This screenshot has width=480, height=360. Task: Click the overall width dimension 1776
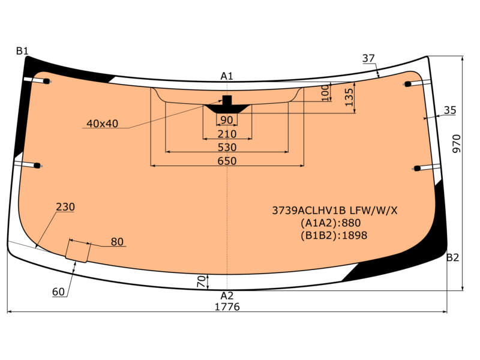[x=227, y=307]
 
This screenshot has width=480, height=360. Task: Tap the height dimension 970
[x=456, y=144]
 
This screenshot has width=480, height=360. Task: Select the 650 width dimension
[x=227, y=161]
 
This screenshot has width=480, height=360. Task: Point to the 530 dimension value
[x=227, y=148]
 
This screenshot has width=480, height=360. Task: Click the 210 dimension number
[x=227, y=134]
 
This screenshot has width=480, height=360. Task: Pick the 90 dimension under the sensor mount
[x=227, y=120]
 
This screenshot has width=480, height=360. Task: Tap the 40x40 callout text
[x=102, y=124]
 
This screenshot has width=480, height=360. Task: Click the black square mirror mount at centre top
[x=227, y=100]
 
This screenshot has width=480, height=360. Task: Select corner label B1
[x=22, y=51]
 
